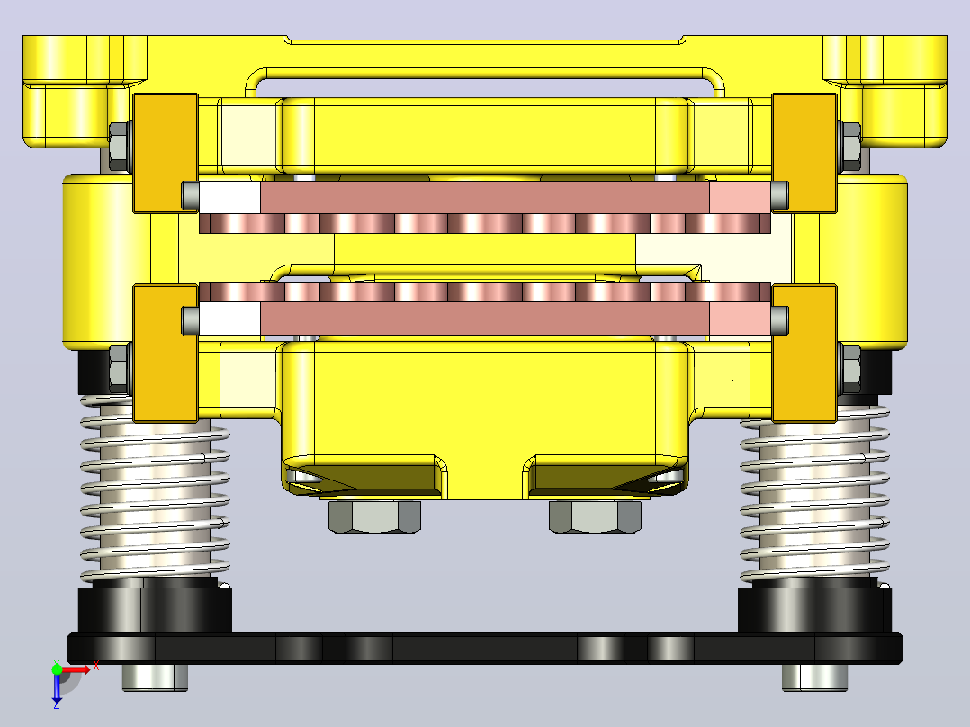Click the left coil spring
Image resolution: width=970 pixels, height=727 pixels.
(x=155, y=489)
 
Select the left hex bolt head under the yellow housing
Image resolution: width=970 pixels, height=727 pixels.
(x=375, y=516)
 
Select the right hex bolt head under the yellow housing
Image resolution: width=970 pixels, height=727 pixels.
(x=595, y=516)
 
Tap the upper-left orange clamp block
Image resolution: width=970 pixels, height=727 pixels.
(x=166, y=154)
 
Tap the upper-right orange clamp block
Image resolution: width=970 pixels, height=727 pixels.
(x=804, y=154)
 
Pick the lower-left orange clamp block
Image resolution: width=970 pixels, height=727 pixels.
(x=166, y=354)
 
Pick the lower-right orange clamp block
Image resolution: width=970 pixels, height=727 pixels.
(x=804, y=354)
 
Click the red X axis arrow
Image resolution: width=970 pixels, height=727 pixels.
(x=76, y=669)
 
